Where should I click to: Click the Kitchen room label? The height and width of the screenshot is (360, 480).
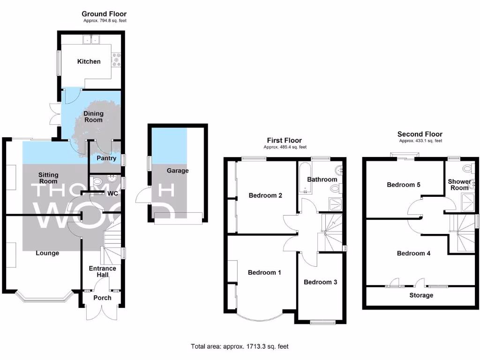click(89, 61)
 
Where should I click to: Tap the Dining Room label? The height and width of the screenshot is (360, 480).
click(93, 117)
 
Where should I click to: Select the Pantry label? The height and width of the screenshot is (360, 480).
click(106, 158)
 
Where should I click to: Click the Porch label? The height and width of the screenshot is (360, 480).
click(102, 298)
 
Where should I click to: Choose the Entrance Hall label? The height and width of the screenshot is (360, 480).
click(103, 271)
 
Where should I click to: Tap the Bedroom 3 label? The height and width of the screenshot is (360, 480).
click(320, 282)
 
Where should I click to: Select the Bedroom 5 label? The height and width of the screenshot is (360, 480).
click(403, 185)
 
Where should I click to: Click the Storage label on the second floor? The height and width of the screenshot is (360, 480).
click(421, 295)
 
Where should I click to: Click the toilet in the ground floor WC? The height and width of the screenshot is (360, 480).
click(97, 181)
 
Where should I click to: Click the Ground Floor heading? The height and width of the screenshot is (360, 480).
click(104, 14)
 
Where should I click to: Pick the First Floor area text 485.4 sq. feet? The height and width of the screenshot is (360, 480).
click(285, 147)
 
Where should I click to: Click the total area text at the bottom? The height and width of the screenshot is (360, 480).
click(240, 347)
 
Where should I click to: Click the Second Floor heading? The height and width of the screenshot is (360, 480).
click(420, 134)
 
